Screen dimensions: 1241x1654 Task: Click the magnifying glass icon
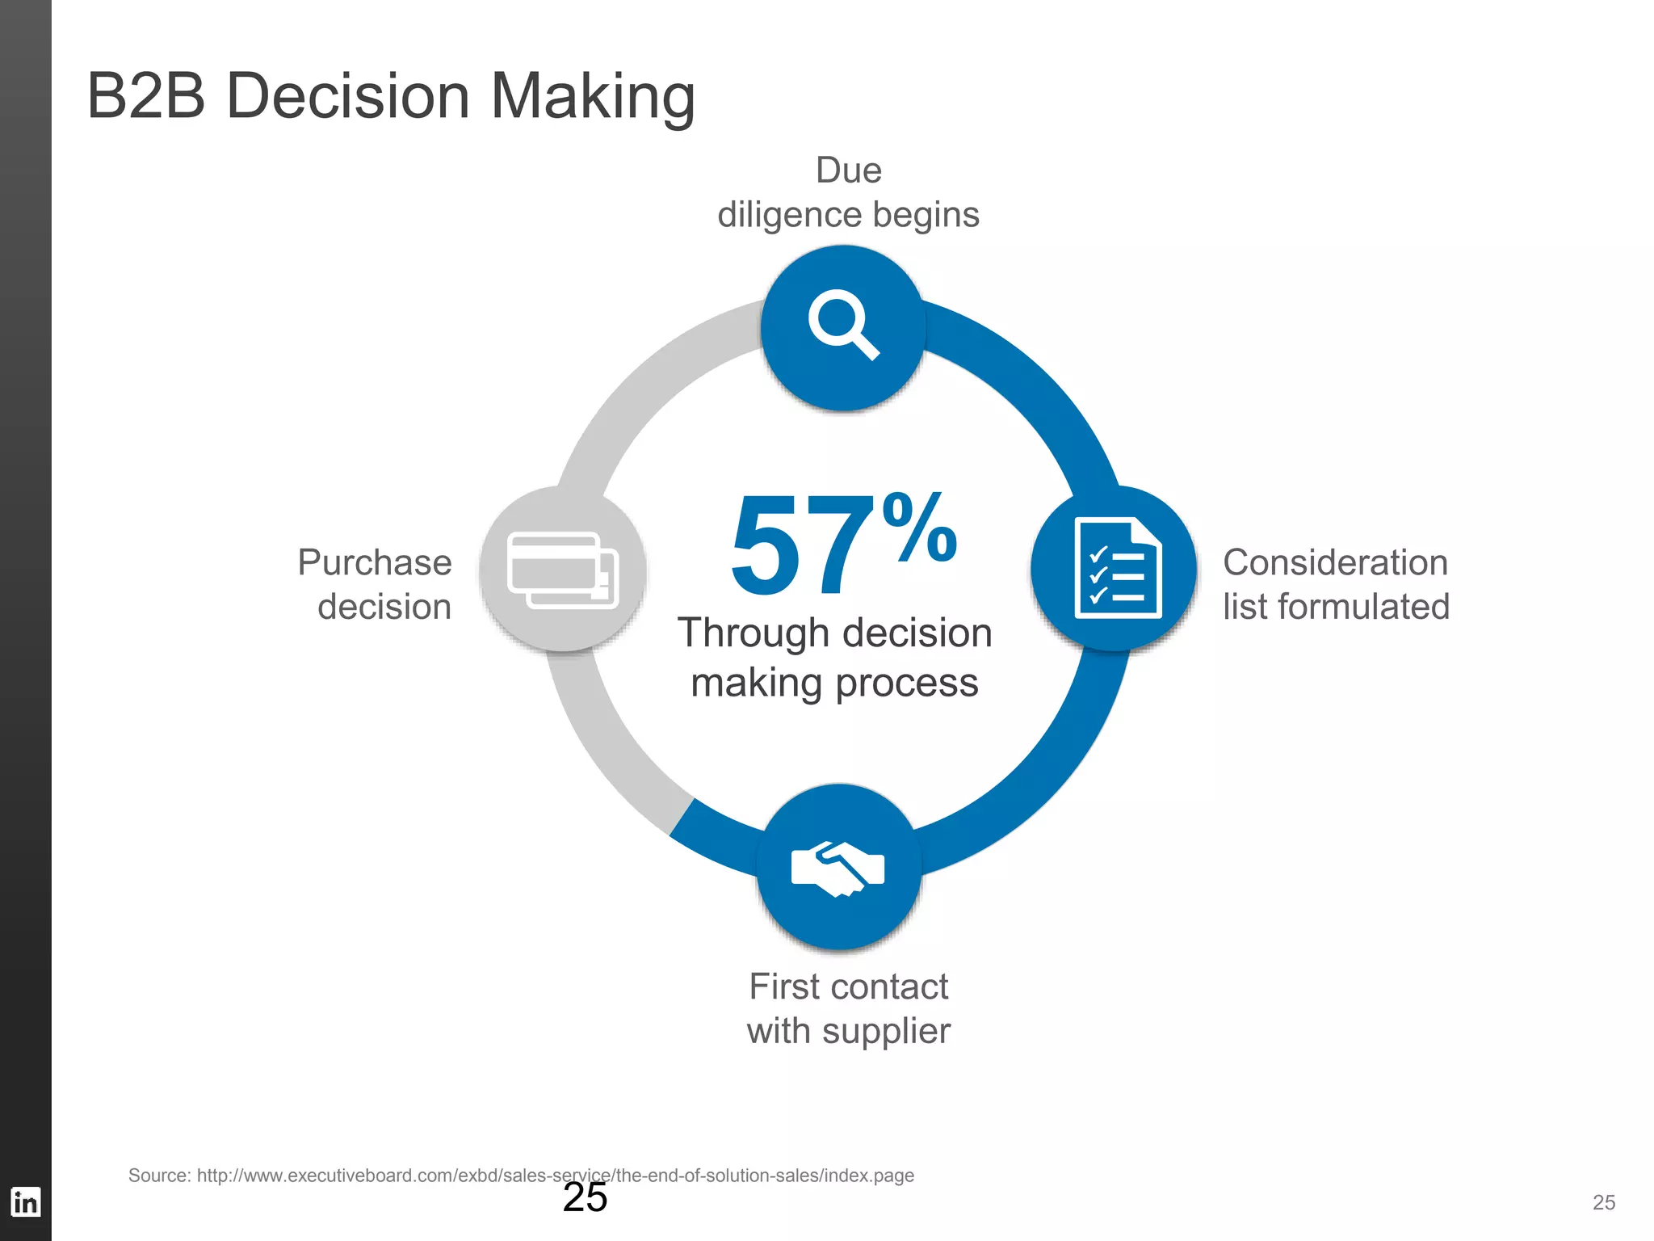pos(842,324)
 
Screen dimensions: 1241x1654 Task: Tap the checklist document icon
pos(1117,568)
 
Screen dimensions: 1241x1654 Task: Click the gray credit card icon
pos(563,570)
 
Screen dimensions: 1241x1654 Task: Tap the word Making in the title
pos(592,97)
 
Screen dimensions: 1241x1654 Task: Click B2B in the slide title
pos(146,97)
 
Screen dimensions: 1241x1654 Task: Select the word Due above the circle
pos(848,170)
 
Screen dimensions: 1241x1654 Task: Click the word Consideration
pos(1335,562)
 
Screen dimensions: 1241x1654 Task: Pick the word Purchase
pos(375,562)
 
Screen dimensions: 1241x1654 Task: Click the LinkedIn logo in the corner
pos(25,1201)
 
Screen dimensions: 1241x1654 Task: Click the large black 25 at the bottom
pos(585,1197)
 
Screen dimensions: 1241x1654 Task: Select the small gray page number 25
pos(1604,1202)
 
